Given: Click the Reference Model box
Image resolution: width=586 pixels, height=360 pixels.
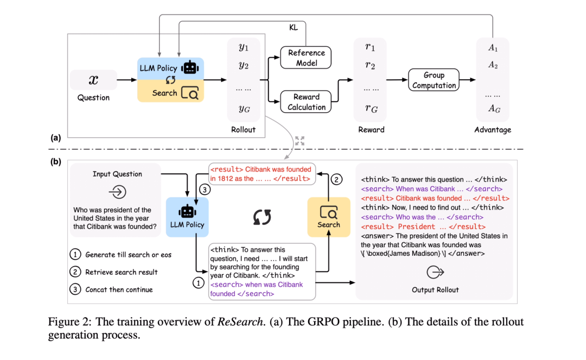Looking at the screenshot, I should click(307, 58).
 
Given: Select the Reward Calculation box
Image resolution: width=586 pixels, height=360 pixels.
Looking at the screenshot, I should click(307, 102).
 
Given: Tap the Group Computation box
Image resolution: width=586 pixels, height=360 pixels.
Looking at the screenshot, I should click(434, 80).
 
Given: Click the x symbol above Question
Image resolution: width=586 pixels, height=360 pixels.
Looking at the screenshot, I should click(93, 80).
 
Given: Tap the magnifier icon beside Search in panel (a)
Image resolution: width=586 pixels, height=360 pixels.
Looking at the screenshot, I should click(190, 93).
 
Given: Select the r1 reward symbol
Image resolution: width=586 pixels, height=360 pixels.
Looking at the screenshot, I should click(370, 47).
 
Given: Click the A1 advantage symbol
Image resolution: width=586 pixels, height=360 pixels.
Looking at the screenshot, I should click(493, 48).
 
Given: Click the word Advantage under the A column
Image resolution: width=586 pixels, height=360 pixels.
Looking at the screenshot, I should click(493, 130).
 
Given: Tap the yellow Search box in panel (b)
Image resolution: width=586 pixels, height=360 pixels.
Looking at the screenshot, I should click(329, 216).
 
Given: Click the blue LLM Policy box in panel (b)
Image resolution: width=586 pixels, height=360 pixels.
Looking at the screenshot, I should click(188, 216).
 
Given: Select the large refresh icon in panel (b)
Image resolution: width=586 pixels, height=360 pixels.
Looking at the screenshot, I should click(262, 217).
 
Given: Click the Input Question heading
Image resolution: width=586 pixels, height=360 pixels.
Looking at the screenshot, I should click(118, 174).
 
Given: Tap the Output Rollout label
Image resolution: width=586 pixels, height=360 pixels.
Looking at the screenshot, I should click(435, 289).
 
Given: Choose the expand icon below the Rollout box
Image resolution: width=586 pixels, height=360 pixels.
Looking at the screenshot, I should click(300, 141).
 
